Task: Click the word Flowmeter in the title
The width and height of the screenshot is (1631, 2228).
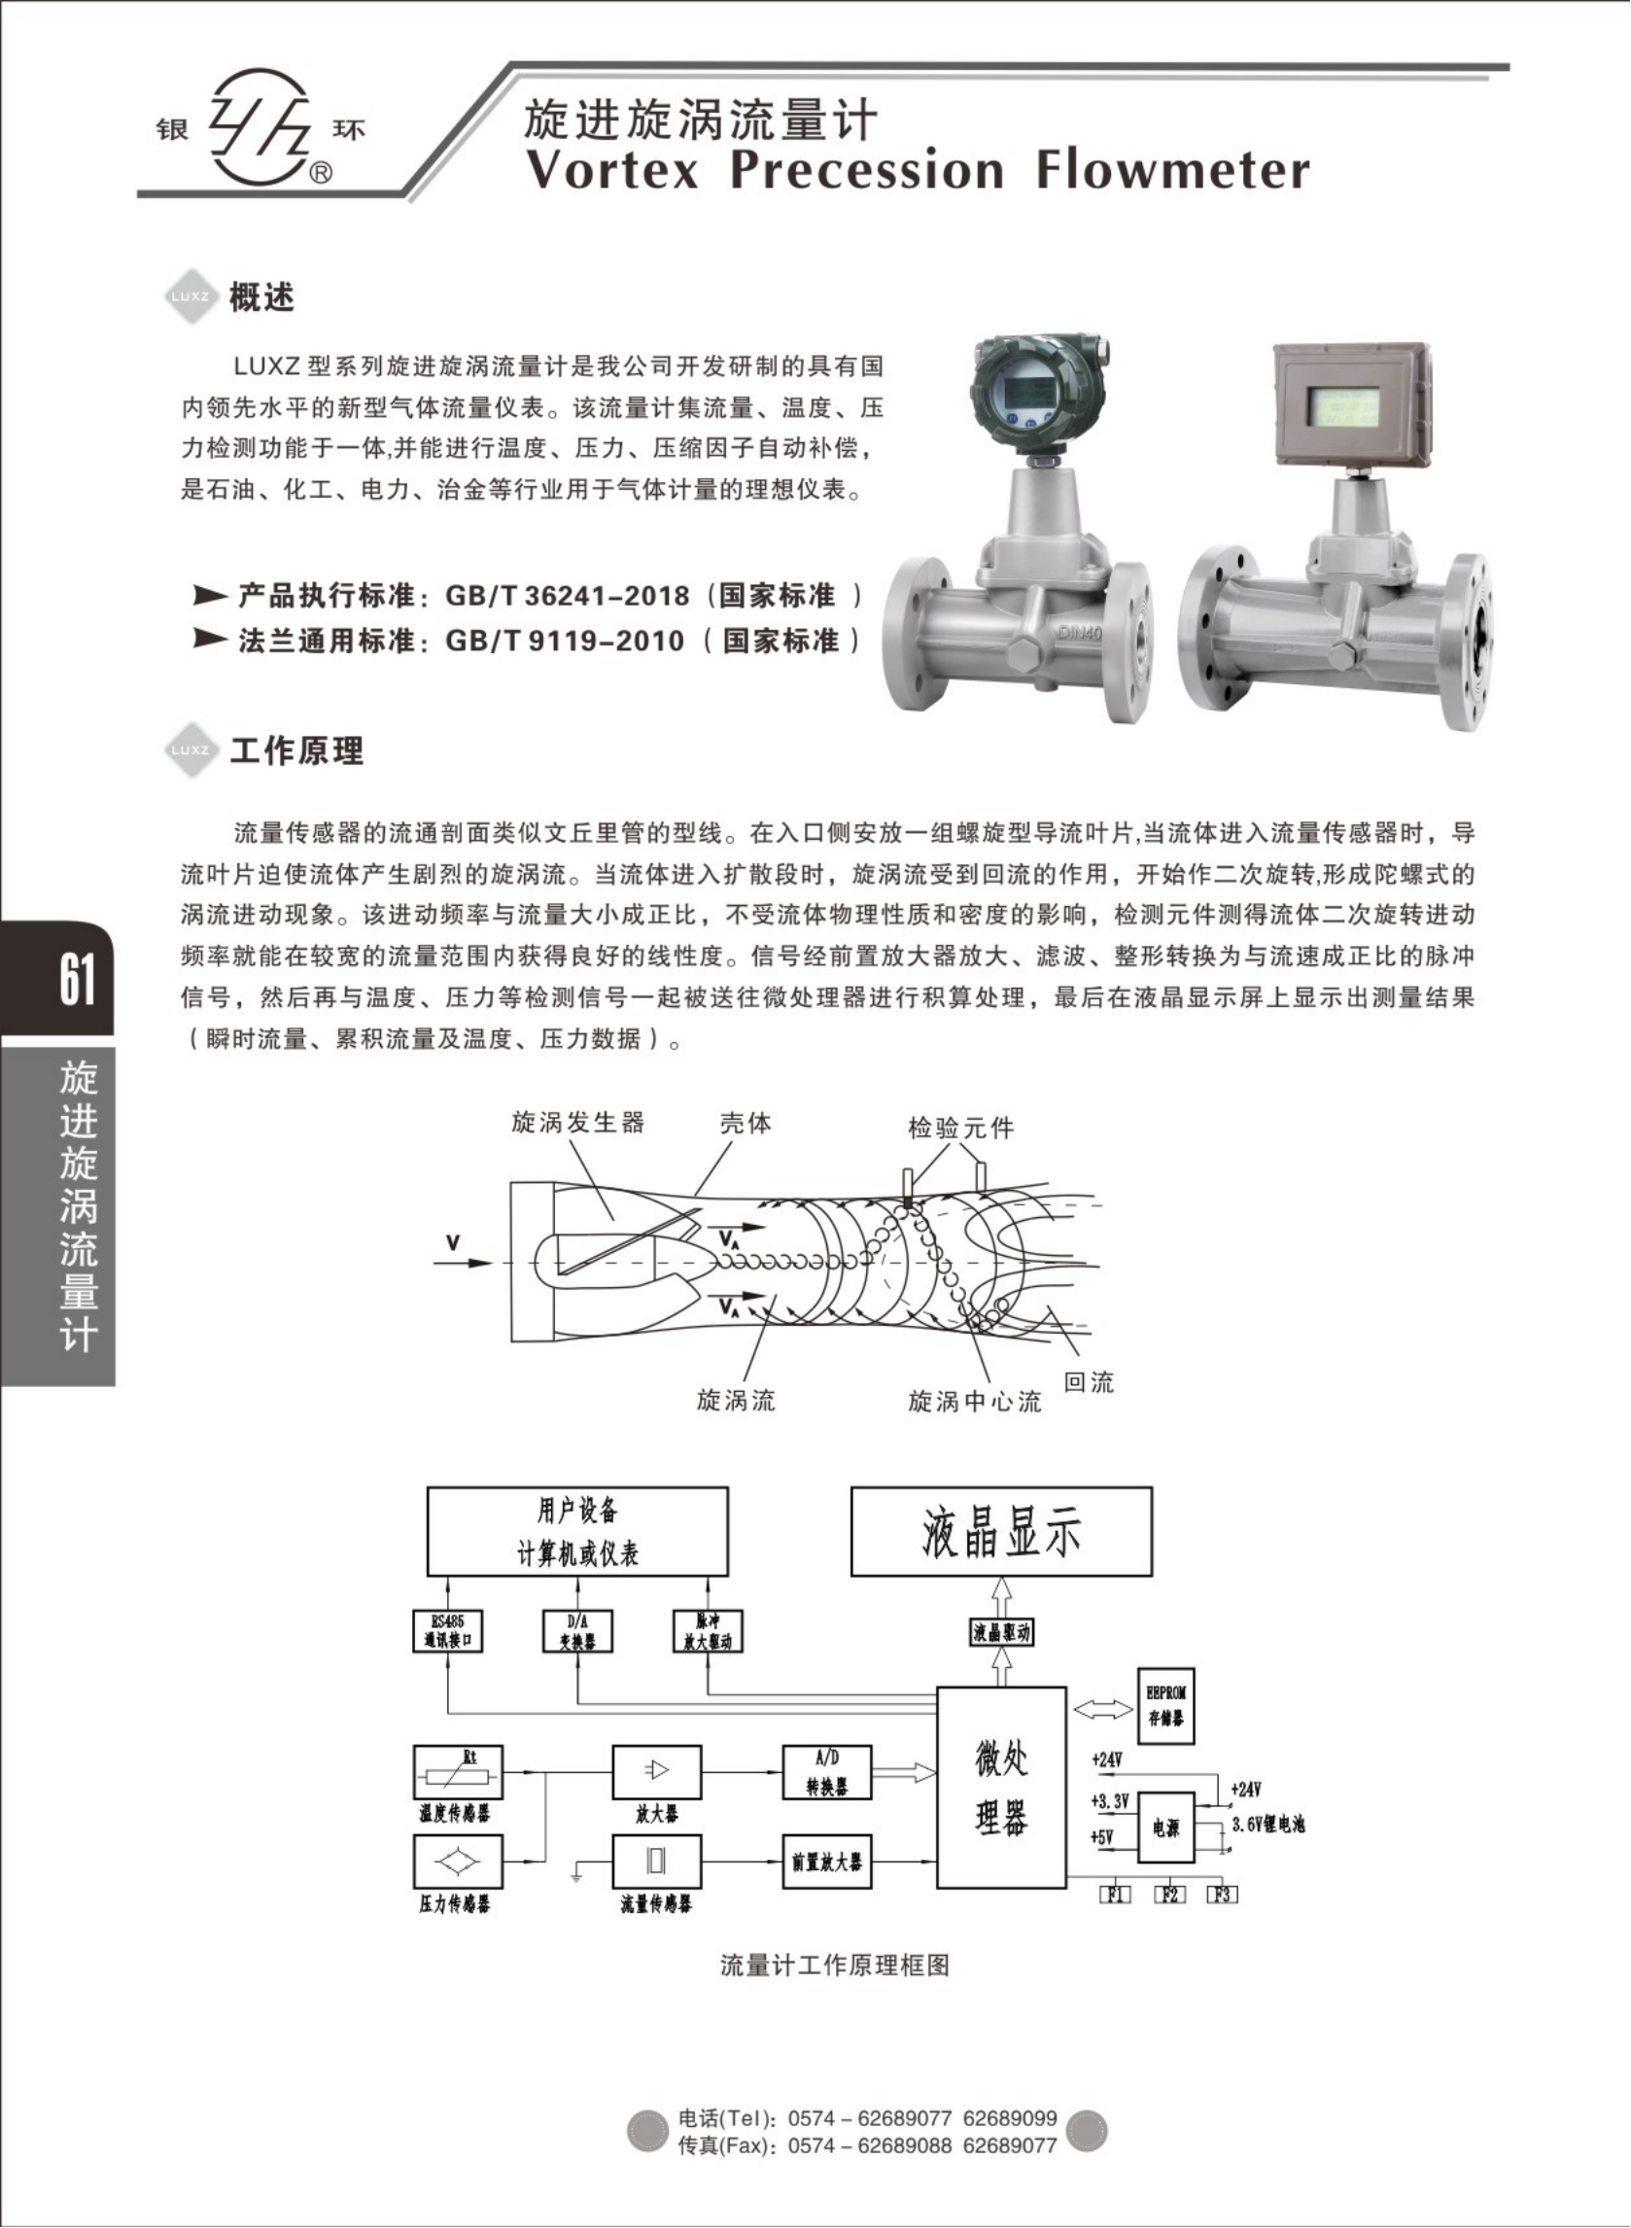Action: pos(1172,170)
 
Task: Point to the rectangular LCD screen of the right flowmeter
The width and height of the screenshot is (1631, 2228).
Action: pos(1342,404)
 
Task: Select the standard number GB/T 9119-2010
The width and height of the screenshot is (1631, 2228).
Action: pos(564,641)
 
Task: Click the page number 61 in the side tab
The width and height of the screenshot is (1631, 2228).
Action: pos(77,979)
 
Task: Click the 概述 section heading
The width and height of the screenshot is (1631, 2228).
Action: pos(261,297)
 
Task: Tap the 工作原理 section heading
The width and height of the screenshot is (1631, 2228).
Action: pos(296,751)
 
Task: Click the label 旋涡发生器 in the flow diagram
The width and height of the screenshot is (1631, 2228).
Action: pos(577,1123)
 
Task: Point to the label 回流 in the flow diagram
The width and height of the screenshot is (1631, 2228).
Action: pos(1088,1382)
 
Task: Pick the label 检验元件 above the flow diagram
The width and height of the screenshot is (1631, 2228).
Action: pos(960,1128)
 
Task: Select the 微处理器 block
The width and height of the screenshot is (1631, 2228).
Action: pos(1001,1788)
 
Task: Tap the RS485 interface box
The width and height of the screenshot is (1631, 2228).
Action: pos(447,1631)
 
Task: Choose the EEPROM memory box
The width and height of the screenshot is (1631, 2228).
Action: pos(1165,1705)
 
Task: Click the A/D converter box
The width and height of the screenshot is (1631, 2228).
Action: pos(826,1773)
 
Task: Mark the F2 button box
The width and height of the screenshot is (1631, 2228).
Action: pos(1169,1895)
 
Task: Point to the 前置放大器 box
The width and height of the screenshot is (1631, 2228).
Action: pos(826,1862)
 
